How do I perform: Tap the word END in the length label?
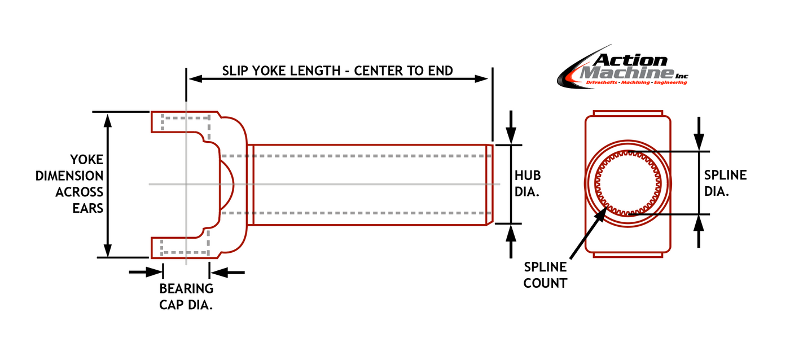(x=441, y=71)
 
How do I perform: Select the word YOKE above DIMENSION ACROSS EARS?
(x=87, y=160)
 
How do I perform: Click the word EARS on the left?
(x=88, y=208)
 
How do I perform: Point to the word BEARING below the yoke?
(x=186, y=289)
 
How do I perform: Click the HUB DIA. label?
(x=528, y=184)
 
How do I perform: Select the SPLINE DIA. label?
(x=725, y=183)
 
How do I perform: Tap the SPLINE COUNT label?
(x=545, y=275)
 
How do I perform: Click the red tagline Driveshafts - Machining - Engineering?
(x=637, y=82)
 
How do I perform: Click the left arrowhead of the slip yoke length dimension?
(x=195, y=78)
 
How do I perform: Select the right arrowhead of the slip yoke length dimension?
(x=482, y=78)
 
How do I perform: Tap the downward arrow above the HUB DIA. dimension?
(x=511, y=128)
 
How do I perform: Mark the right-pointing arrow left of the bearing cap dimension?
(x=146, y=272)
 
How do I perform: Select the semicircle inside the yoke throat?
(x=227, y=184)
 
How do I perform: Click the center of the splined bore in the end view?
(x=628, y=184)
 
